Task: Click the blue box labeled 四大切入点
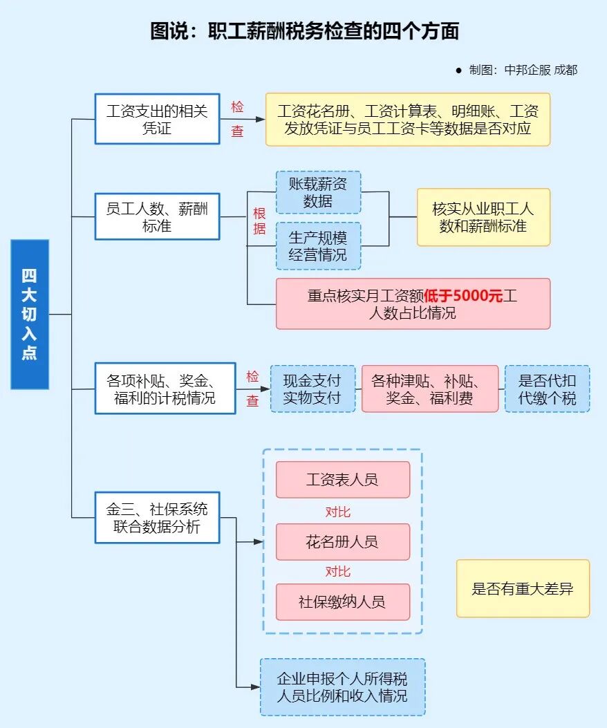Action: coord(30,314)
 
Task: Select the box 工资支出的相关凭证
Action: coord(157,119)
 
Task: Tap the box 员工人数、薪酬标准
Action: coord(157,217)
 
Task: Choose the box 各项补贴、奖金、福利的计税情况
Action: coord(165,389)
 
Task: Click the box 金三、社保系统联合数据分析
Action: coord(157,518)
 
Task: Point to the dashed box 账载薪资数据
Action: coord(318,192)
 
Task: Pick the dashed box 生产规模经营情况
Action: coord(318,245)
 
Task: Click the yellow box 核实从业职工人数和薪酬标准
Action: coord(483,217)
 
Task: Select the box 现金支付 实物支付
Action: coord(312,389)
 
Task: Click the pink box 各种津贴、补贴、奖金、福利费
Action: coord(429,389)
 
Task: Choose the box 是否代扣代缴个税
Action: coord(547,389)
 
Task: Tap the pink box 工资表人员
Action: coord(342,479)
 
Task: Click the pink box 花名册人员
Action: coord(342,541)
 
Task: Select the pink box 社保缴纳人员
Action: coord(342,601)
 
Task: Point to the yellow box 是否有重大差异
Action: coord(523,588)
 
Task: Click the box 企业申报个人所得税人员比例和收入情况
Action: coord(342,687)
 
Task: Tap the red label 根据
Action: coord(259,221)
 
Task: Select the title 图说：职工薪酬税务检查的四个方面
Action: coord(304,31)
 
